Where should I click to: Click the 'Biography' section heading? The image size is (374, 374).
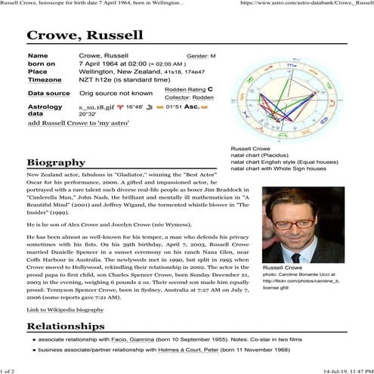click(55, 162)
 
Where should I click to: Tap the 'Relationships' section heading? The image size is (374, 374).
click(65, 326)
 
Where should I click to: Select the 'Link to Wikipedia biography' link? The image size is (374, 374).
click(65, 310)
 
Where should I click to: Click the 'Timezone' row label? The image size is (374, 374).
click(45, 79)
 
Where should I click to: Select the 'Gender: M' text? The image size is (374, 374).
click(201, 57)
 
